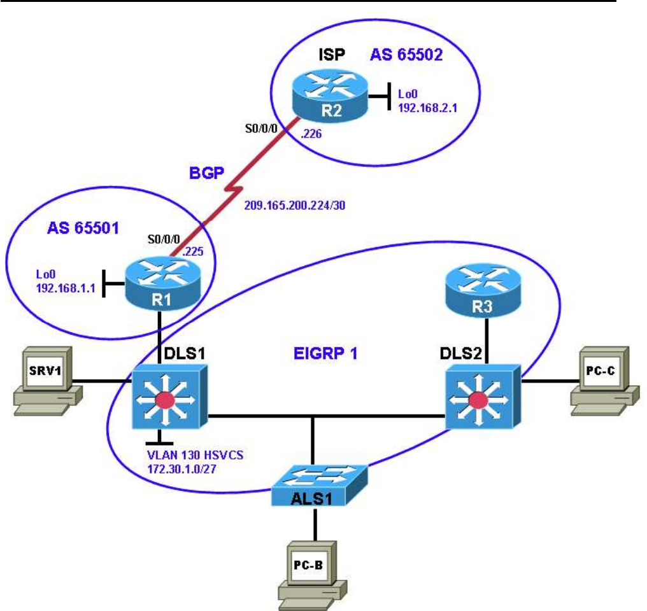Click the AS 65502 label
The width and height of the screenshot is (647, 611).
[x=406, y=55]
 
